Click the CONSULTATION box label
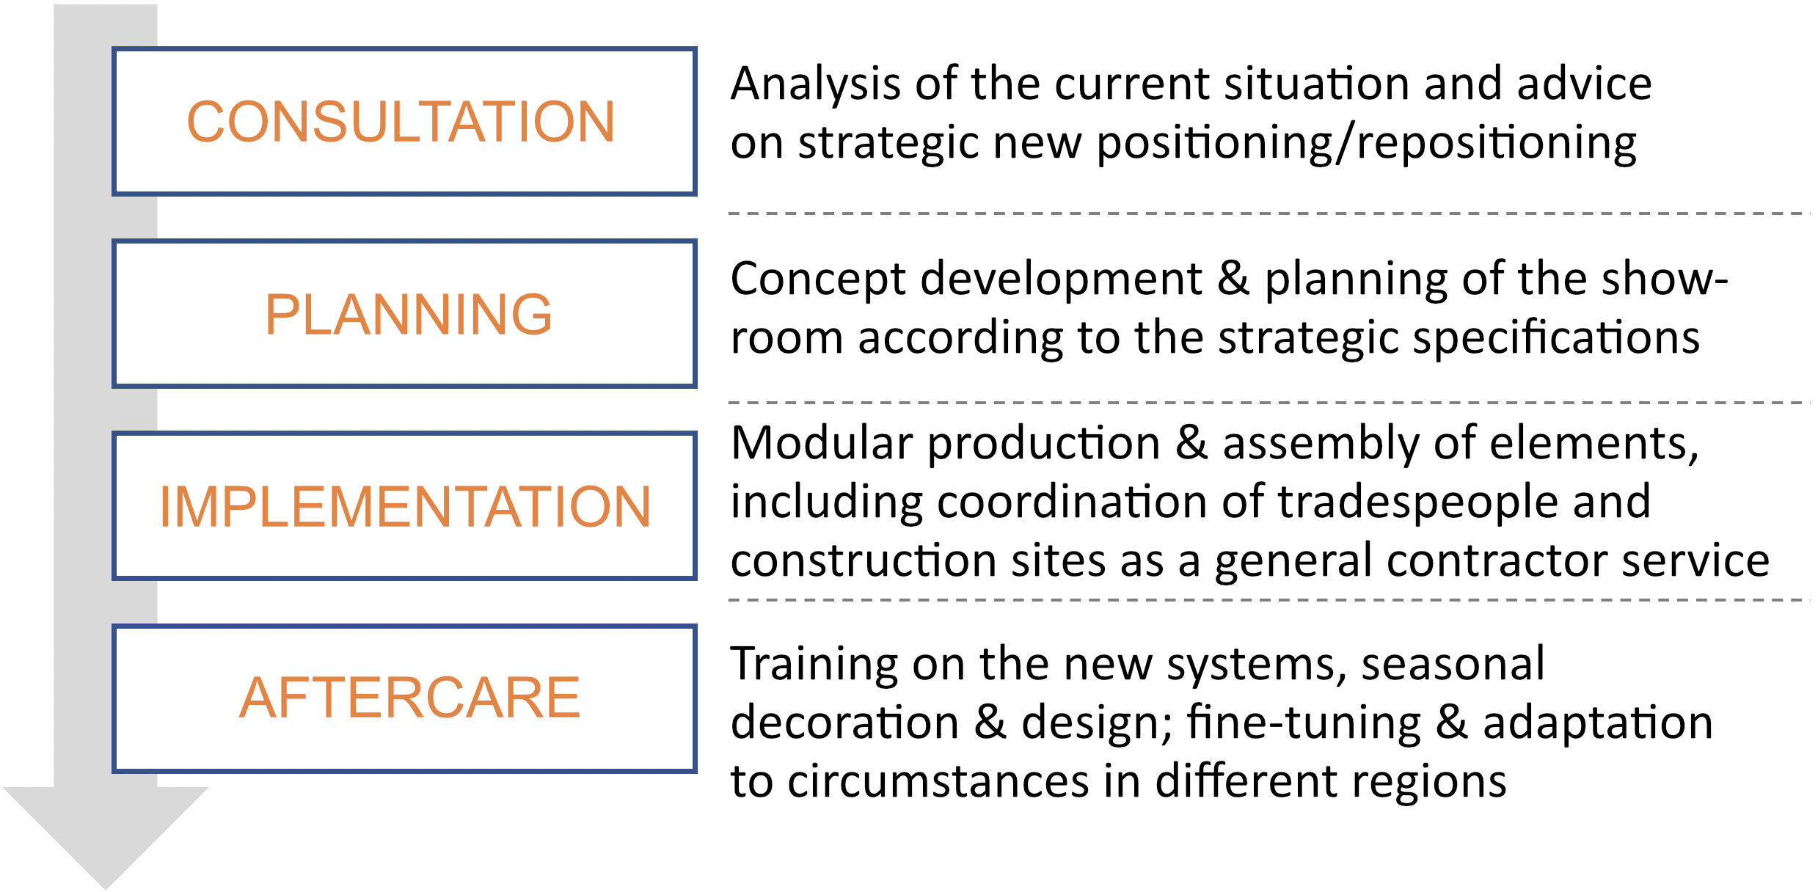[x=401, y=121]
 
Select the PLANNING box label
[x=408, y=314]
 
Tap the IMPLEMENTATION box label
[x=405, y=506]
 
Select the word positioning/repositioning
[x=1366, y=144]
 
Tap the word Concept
[x=819, y=280]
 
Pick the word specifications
[x=1556, y=337]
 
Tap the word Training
[x=814, y=665]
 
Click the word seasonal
[x=1453, y=664]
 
